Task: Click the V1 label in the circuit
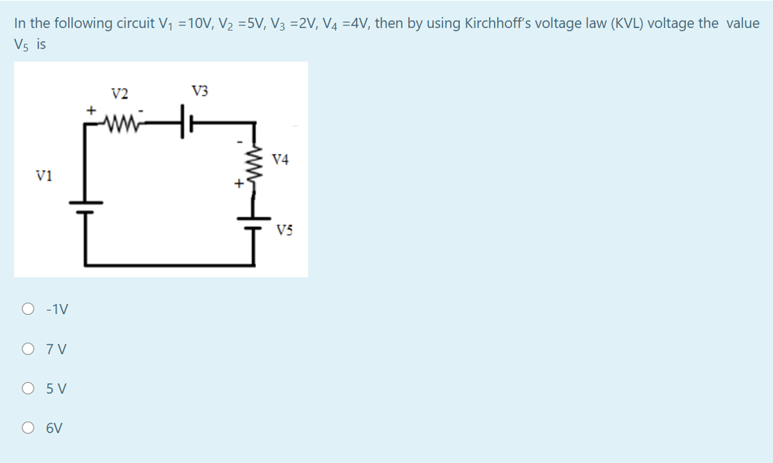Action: click(x=45, y=175)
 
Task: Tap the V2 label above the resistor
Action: click(x=119, y=94)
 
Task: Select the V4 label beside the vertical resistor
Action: click(x=280, y=159)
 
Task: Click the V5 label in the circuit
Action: click(x=285, y=230)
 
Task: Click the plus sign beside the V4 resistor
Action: click(x=237, y=184)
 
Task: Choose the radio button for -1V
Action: click(x=29, y=310)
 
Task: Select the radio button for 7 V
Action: click(x=29, y=349)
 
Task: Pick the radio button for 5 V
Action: click(x=29, y=389)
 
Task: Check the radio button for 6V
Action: click(x=29, y=428)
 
